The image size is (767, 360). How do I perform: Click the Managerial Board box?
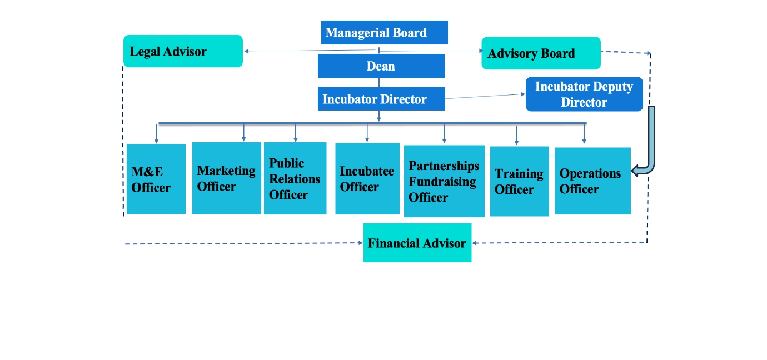[384, 32]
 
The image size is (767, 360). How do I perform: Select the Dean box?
[381, 66]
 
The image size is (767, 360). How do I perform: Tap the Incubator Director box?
[381, 99]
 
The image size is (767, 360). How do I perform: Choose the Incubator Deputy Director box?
[584, 94]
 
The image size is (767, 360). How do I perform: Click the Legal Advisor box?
[183, 51]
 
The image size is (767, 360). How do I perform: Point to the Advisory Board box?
[541, 53]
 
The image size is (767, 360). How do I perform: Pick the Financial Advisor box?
[417, 243]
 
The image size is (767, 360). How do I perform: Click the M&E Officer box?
[156, 179]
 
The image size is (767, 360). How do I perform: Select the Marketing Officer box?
[227, 178]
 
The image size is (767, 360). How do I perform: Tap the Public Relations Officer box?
[295, 178]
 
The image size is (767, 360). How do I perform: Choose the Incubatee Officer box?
[367, 178]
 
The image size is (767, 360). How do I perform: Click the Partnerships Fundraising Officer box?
[444, 181]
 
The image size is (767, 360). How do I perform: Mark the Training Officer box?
[519, 181]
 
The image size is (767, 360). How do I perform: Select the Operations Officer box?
[592, 181]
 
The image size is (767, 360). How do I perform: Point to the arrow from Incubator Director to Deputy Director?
[485, 96]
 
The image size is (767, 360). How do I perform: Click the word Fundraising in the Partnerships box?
[442, 182]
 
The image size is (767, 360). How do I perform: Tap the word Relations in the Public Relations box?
[295, 179]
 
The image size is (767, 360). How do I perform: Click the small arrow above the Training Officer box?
[517, 135]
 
